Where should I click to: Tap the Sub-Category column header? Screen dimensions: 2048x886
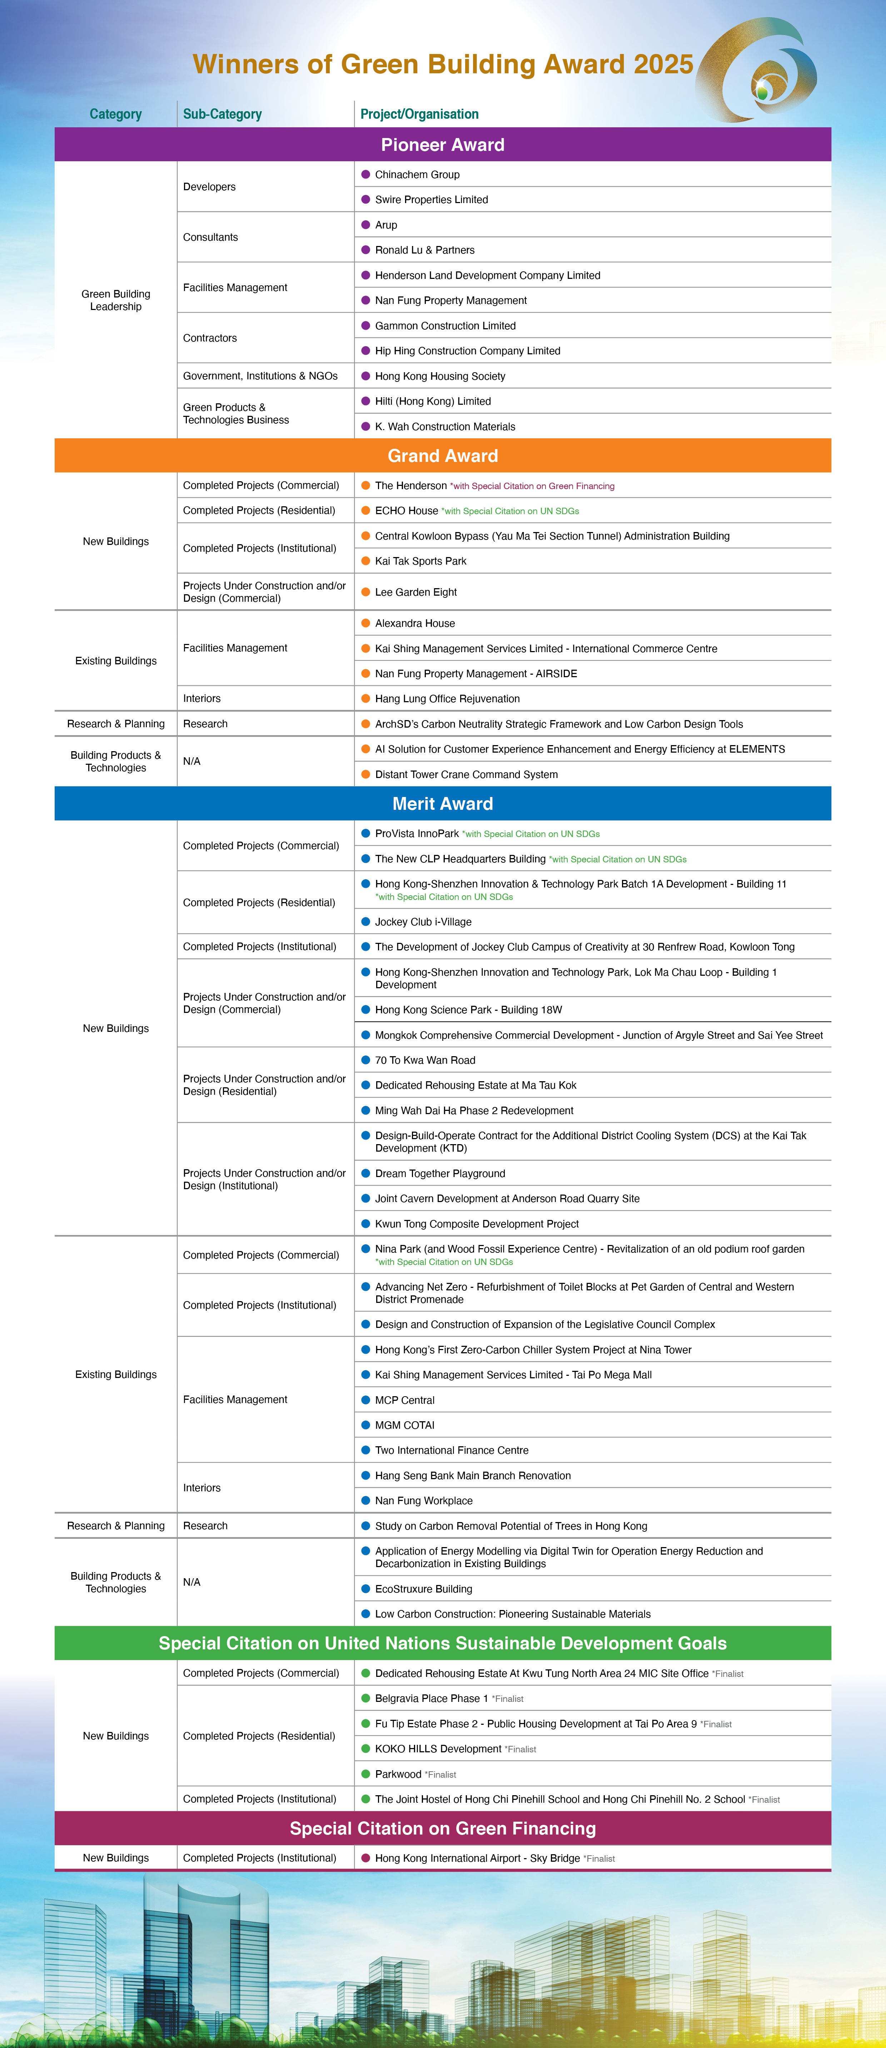pos(223,114)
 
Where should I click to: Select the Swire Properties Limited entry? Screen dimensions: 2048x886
pos(432,200)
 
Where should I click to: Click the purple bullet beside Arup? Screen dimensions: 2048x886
pos(365,225)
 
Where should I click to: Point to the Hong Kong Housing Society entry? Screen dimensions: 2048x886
pos(440,376)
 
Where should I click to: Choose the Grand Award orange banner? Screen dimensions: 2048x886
pos(443,456)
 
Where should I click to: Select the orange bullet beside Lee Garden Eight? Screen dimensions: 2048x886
pos(365,591)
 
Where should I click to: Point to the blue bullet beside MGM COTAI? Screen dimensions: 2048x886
pos(365,1425)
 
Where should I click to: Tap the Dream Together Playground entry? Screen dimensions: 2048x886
pos(440,1173)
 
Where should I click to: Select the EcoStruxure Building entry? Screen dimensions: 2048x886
pos(424,1589)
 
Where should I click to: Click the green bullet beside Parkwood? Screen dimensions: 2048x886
pos(365,1774)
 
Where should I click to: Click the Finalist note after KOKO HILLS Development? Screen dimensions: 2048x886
pos(521,1749)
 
